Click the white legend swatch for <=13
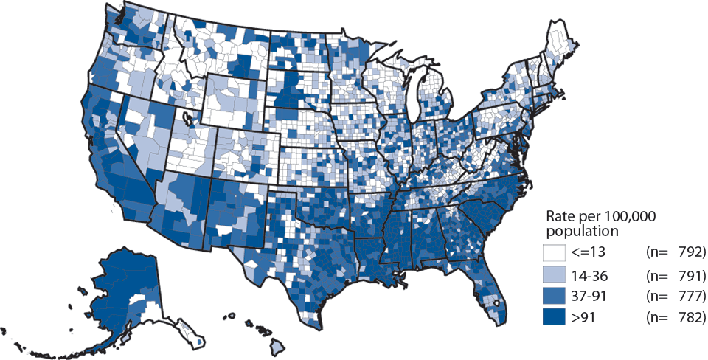coord(555,253)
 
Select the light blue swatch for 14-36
coord(555,275)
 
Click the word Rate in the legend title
coord(560,216)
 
